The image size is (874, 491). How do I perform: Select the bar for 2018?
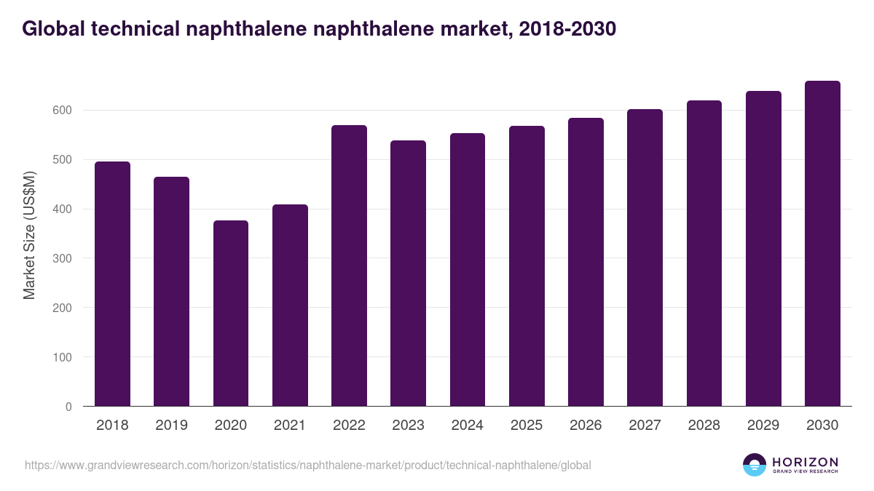point(113,284)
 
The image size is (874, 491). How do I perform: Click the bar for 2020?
point(231,313)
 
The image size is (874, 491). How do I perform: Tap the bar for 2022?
point(349,266)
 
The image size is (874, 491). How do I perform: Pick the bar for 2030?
point(822,244)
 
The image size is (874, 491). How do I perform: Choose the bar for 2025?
point(527,266)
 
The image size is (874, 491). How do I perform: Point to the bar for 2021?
point(290,306)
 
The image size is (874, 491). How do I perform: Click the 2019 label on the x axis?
point(172,426)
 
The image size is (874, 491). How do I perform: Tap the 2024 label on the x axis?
point(467,426)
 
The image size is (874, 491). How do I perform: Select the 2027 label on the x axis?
point(645,426)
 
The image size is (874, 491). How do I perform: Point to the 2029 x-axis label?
point(763,426)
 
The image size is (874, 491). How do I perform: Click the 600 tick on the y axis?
point(62,111)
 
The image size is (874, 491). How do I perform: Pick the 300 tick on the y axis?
point(62,258)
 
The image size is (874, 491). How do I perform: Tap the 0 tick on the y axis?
point(68,407)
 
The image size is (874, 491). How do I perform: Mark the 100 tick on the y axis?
point(62,357)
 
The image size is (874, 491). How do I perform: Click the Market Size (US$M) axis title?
point(29,235)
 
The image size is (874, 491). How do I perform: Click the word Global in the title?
point(50,29)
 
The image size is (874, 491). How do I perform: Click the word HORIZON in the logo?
point(805,462)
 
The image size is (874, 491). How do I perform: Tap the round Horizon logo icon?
point(755,465)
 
